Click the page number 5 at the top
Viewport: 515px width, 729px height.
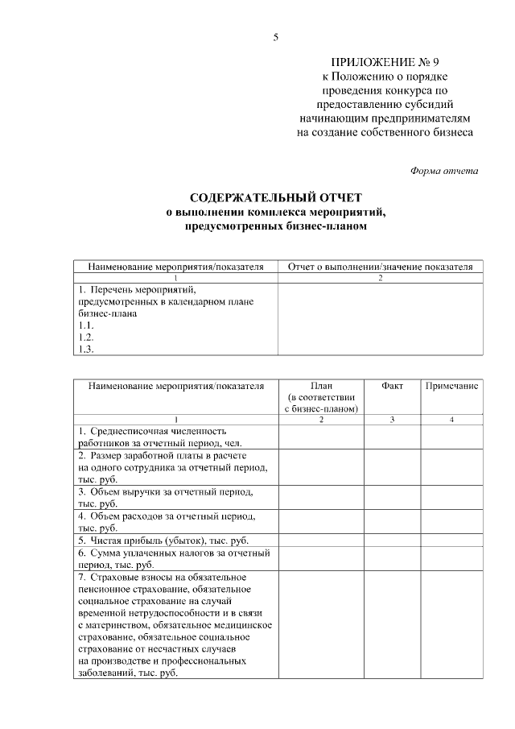coord(275,37)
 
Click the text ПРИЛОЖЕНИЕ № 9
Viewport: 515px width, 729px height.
coord(385,61)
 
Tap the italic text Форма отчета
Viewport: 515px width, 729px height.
coord(444,170)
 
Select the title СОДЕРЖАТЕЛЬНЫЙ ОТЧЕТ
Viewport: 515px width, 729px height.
coord(276,197)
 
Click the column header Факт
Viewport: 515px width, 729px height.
coord(392,386)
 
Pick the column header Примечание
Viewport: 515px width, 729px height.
coord(451,386)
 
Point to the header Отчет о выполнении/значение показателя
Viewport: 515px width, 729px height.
coord(381,267)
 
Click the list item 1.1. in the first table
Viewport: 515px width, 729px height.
coord(86,325)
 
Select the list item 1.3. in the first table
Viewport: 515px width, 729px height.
coord(86,349)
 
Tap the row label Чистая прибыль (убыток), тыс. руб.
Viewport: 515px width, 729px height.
coord(168,539)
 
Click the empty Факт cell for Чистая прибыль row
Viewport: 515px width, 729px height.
coord(392,539)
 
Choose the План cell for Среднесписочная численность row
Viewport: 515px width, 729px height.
coord(320,437)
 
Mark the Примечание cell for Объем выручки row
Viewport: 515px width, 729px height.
coord(451,497)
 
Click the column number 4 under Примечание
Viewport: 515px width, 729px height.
coord(451,420)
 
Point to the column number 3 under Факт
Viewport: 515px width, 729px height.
coord(392,420)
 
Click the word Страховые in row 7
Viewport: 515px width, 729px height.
coord(113,577)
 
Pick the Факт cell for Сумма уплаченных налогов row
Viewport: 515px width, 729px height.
coord(392,558)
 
